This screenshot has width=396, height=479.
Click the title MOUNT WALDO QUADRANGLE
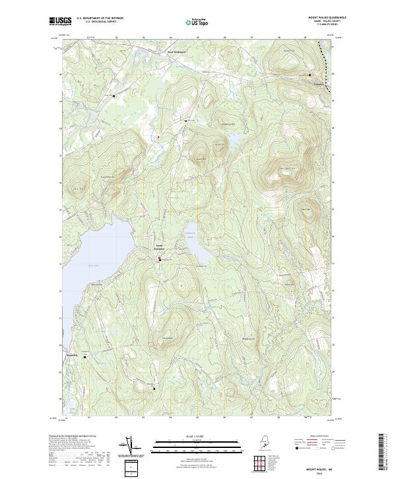327,17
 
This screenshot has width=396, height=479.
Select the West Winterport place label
177,52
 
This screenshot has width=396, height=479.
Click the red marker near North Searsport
158,260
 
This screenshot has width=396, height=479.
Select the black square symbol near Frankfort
310,75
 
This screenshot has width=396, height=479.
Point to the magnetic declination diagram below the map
129,446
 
